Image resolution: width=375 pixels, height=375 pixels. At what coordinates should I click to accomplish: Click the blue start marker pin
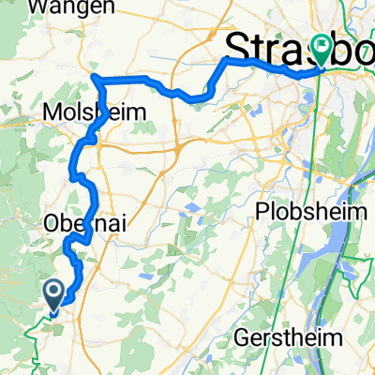[x=53, y=294]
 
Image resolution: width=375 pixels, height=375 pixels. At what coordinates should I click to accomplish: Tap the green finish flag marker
[x=322, y=47]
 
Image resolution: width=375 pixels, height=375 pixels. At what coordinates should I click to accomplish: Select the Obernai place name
[x=79, y=224]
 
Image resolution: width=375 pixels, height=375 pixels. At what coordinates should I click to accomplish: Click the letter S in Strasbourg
[x=240, y=52]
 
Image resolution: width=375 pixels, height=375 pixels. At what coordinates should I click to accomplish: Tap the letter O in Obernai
[x=53, y=224]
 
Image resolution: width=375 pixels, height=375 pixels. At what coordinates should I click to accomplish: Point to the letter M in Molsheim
[x=53, y=112]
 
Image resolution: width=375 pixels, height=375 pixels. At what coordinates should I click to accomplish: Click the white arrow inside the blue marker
[x=53, y=292]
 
